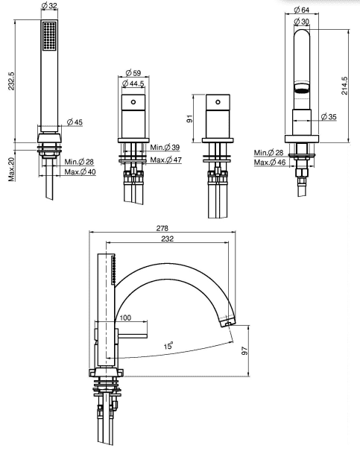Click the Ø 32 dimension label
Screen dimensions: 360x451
(49, 6)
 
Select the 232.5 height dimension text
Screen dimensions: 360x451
(11, 81)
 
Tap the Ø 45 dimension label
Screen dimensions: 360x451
(75, 122)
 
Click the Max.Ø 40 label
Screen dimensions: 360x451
(80, 172)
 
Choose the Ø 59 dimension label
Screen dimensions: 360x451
(133, 73)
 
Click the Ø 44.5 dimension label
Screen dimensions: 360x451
(133, 83)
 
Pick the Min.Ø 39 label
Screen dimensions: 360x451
(165, 148)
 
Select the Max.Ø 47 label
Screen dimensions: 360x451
(166, 160)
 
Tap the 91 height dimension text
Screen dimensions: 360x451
(190, 119)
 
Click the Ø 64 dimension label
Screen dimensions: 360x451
(302, 10)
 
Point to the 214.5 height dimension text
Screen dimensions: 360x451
(344, 86)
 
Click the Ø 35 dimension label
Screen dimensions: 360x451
(329, 117)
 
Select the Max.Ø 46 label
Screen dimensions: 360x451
(270, 163)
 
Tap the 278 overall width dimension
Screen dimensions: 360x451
(162, 228)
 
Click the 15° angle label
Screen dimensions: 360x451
(168, 345)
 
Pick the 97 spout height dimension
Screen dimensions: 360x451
(244, 350)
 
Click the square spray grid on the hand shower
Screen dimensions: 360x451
(49, 36)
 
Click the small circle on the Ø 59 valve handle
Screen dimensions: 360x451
(133, 102)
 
